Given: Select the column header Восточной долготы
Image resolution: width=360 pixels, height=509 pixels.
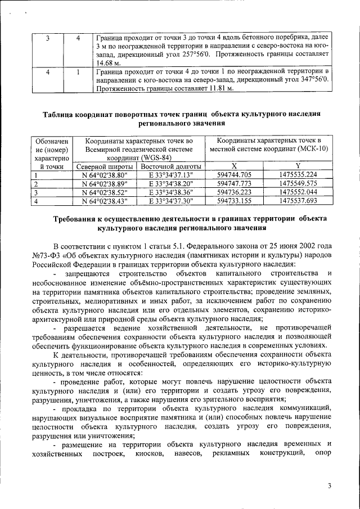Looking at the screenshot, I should pos(171,166).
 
